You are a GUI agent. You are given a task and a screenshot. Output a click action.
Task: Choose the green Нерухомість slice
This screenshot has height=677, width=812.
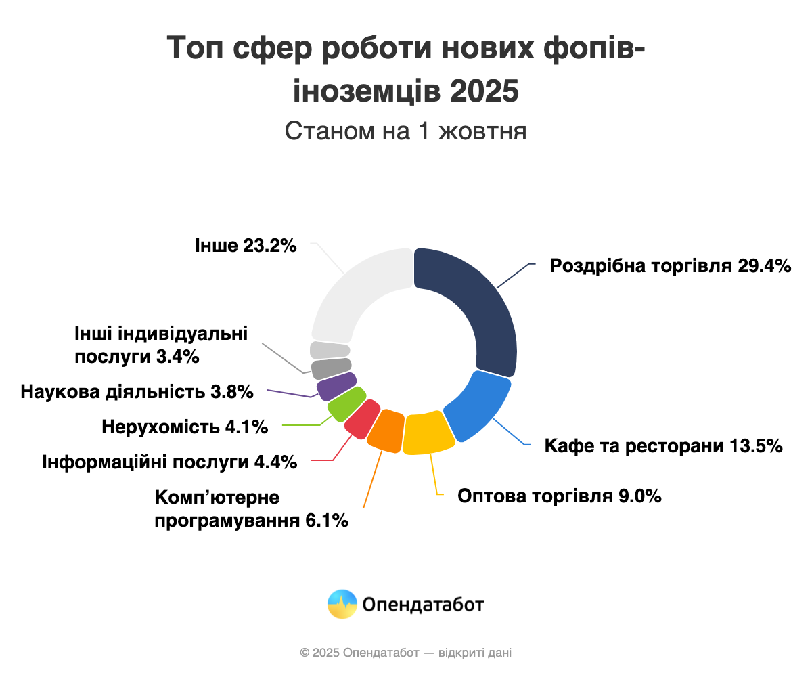click(346, 403)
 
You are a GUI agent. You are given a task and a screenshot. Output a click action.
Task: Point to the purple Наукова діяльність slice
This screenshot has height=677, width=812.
click(336, 386)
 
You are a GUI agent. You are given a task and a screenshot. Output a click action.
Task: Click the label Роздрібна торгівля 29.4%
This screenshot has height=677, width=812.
click(670, 266)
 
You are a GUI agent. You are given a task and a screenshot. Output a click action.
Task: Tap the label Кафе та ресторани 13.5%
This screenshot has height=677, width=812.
click(663, 446)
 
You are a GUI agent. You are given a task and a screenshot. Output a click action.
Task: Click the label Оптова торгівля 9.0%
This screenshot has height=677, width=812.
click(559, 496)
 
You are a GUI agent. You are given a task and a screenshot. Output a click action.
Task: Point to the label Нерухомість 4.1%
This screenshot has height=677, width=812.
click(185, 427)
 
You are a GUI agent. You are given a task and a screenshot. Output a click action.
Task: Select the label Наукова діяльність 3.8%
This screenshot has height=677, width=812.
click(137, 391)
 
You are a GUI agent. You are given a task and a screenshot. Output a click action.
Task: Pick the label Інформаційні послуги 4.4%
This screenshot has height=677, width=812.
click(169, 463)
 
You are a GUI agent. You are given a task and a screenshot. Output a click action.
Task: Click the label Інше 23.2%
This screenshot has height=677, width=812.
click(246, 245)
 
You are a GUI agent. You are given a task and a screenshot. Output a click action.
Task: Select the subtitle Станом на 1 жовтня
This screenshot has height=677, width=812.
click(405, 131)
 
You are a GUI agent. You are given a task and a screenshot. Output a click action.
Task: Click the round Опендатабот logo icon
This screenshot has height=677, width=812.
click(342, 604)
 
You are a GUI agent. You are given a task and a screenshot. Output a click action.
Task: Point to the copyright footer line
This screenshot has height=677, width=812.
click(405, 653)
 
